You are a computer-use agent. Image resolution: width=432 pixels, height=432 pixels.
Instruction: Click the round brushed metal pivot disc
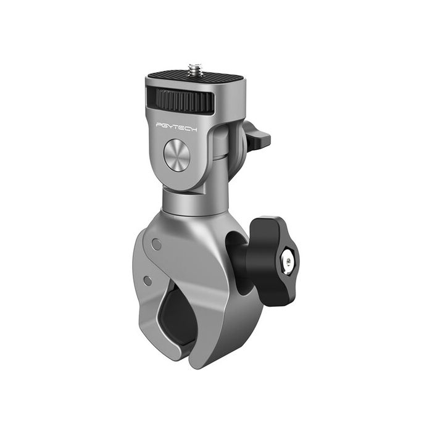click(x=177, y=155)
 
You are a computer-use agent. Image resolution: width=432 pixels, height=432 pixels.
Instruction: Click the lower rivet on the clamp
click(x=147, y=281)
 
